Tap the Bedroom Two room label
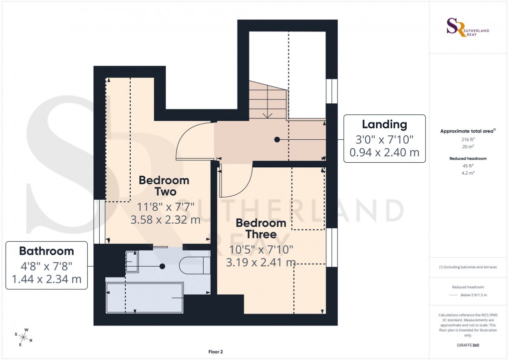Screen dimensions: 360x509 click(x=164, y=185)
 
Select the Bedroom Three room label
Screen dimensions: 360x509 click(x=261, y=229)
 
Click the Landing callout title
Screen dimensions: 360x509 click(x=384, y=124)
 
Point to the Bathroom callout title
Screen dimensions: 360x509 click(x=46, y=251)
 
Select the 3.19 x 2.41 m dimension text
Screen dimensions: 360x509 click(x=261, y=262)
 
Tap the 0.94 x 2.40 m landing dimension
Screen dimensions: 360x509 click(x=384, y=152)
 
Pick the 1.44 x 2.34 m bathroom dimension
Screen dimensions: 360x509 click(x=46, y=279)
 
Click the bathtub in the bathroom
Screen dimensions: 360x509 click(x=145, y=298)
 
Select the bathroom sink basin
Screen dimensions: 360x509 click(x=132, y=261)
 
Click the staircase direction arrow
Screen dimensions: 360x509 click(x=267, y=115)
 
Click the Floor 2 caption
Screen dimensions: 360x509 click(x=216, y=352)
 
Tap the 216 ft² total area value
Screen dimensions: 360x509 click(x=468, y=140)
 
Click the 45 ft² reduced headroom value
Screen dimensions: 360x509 click(x=468, y=166)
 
